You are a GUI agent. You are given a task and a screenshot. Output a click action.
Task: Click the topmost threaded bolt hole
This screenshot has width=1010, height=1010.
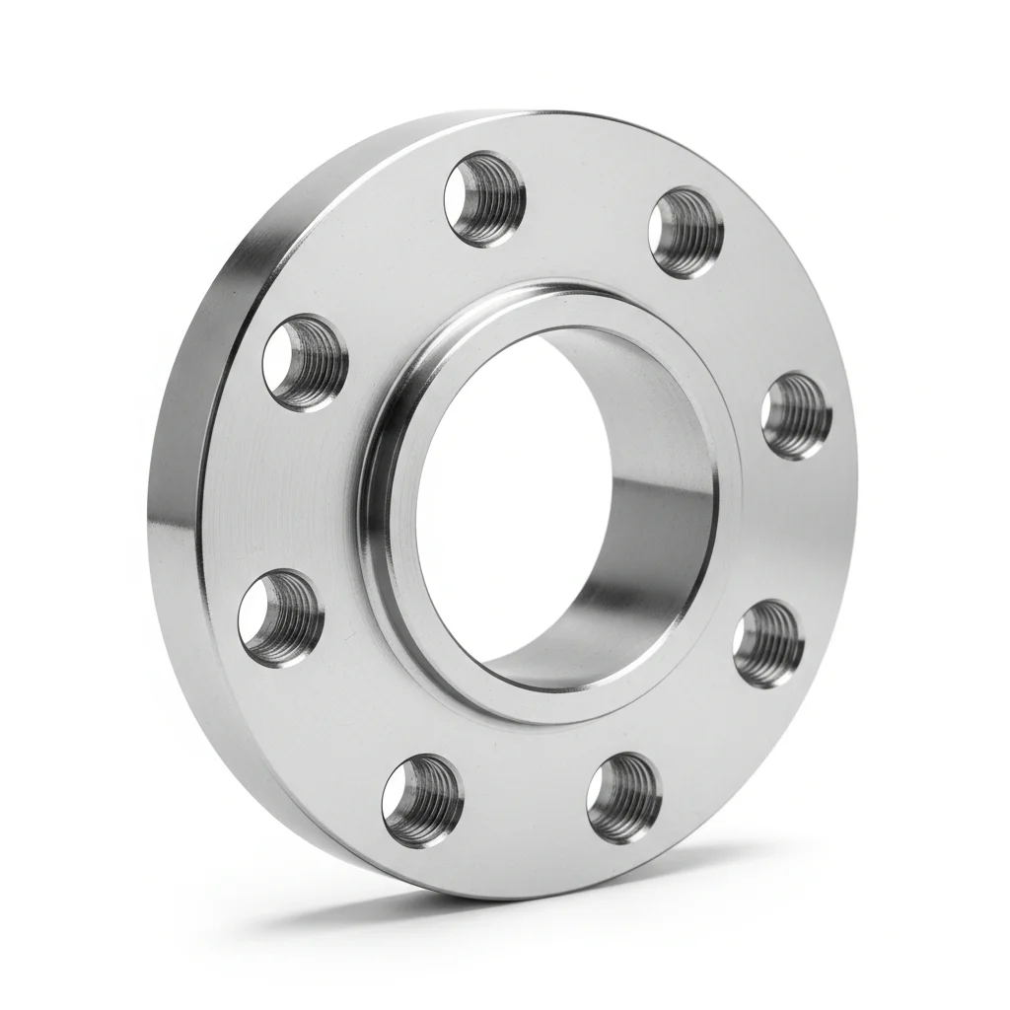click(484, 199)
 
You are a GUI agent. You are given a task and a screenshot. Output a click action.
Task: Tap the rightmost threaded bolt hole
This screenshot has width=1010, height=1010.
click(796, 415)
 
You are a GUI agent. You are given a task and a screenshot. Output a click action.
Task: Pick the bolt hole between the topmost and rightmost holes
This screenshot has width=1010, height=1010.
click(685, 233)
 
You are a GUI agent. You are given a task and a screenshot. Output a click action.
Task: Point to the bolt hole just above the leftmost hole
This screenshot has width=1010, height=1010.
click(305, 362)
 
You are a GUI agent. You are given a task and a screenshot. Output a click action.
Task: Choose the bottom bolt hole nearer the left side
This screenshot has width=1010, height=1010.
click(422, 801)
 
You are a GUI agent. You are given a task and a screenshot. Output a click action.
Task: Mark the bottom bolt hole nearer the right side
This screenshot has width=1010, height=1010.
click(623, 797)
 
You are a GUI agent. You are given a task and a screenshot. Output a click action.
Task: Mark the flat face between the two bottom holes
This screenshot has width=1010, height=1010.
click(523, 819)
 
